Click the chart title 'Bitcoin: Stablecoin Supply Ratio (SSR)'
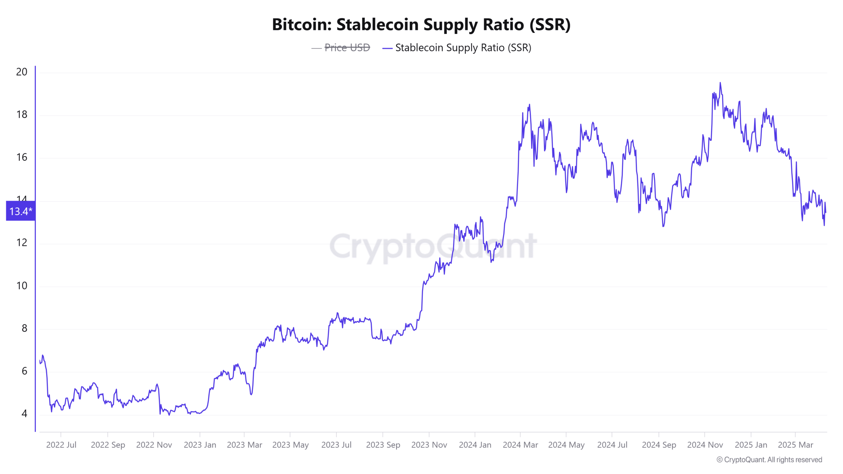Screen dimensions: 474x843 (x=421, y=24)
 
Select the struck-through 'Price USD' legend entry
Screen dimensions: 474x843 (x=347, y=48)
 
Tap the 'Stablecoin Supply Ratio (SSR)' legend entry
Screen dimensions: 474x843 (x=463, y=48)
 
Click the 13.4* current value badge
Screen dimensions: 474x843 (x=21, y=211)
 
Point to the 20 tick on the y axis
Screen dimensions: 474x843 (x=22, y=72)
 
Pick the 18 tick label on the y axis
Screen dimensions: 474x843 (x=22, y=115)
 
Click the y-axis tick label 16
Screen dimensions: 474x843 (x=22, y=157)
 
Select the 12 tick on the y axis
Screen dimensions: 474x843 (x=22, y=243)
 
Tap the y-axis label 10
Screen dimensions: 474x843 (x=22, y=285)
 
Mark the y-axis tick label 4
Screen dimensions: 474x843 (x=24, y=413)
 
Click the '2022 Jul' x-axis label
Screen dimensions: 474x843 (x=61, y=445)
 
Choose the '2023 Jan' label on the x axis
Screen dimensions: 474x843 (x=200, y=445)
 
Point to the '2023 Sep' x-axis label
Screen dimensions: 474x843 (x=383, y=445)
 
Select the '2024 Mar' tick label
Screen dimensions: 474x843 (x=520, y=445)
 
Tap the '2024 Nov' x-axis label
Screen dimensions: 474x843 (x=705, y=445)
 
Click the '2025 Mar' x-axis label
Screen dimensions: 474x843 (x=795, y=445)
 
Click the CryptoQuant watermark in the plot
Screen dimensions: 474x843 (x=433, y=246)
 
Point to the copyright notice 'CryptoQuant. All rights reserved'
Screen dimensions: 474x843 (x=769, y=460)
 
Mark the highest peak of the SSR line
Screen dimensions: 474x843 (x=720, y=83)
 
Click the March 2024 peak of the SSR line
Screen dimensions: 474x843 (x=530, y=105)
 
